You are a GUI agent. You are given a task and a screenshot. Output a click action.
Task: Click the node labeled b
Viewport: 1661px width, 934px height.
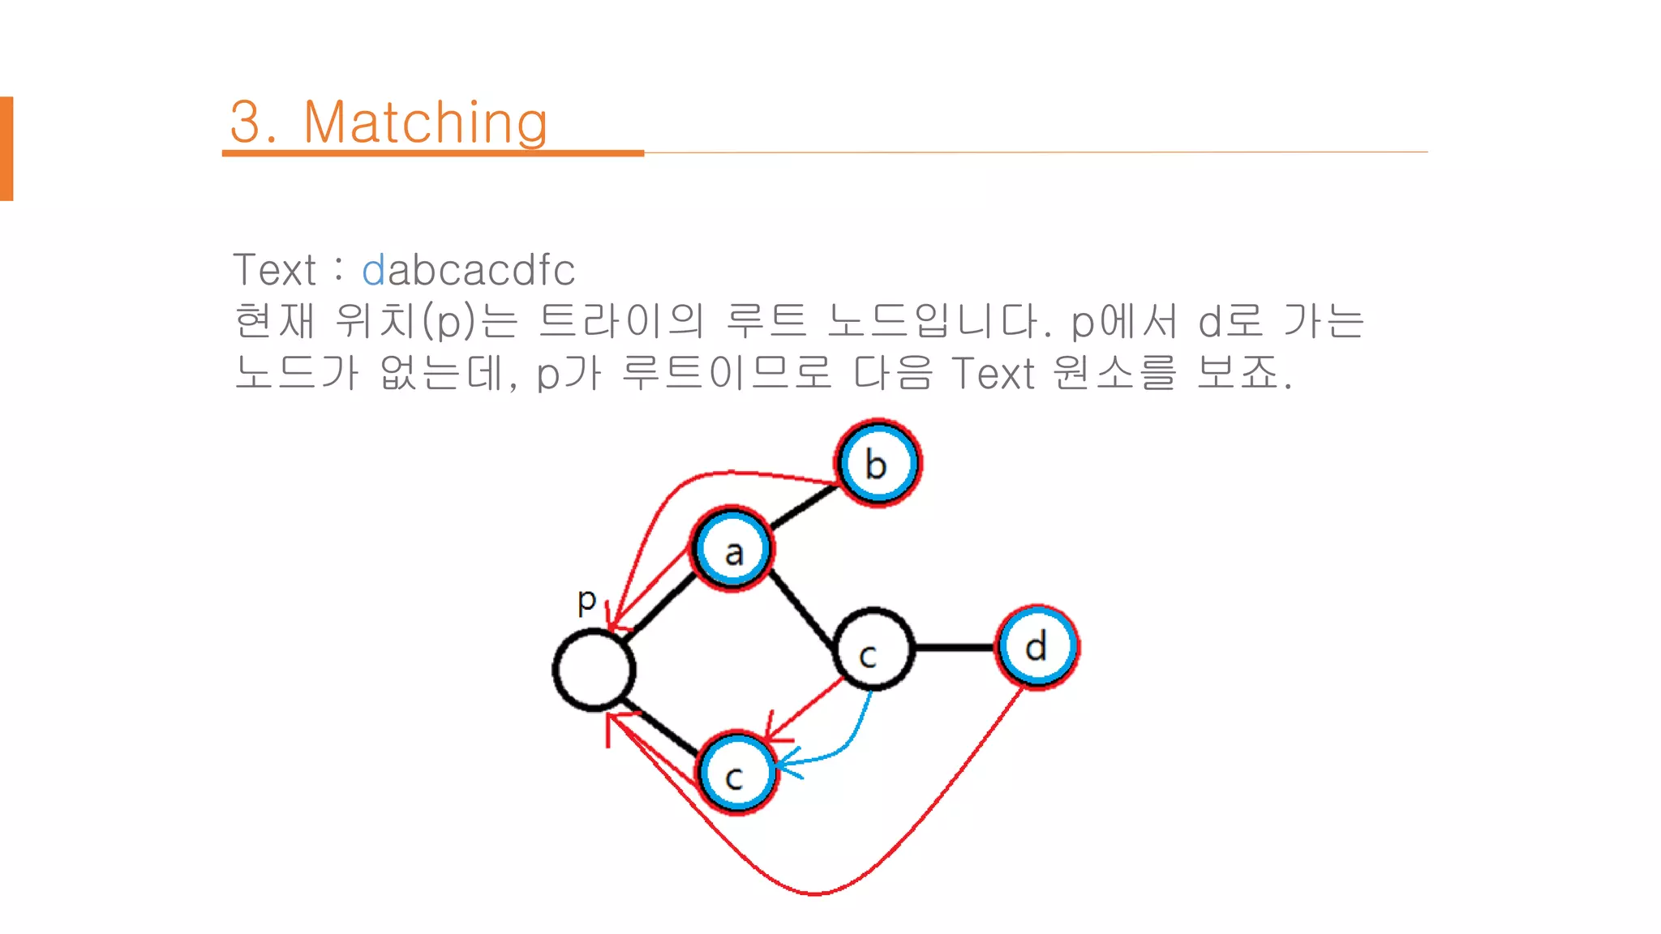point(878,464)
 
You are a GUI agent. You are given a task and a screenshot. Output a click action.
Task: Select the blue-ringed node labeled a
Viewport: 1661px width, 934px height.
point(732,550)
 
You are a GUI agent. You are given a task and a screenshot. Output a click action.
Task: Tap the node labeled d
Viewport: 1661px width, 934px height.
point(1037,647)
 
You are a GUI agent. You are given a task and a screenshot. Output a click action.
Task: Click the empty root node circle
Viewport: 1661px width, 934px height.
point(594,671)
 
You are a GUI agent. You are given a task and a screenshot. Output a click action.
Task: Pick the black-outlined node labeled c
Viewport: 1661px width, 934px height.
point(873,649)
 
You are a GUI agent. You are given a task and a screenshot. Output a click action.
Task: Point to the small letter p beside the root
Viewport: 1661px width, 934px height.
point(586,602)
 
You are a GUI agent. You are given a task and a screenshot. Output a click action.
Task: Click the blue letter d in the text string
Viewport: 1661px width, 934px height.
point(373,270)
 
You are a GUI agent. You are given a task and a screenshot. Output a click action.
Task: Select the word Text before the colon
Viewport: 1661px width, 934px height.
point(274,270)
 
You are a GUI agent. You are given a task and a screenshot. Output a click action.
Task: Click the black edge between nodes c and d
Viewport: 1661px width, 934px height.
point(955,647)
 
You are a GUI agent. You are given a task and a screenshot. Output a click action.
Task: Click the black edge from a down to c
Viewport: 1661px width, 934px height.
point(801,609)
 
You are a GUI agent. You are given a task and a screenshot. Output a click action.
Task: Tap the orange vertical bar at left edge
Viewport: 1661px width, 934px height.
point(6,148)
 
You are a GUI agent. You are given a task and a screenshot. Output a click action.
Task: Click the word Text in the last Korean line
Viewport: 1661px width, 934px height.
point(994,374)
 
